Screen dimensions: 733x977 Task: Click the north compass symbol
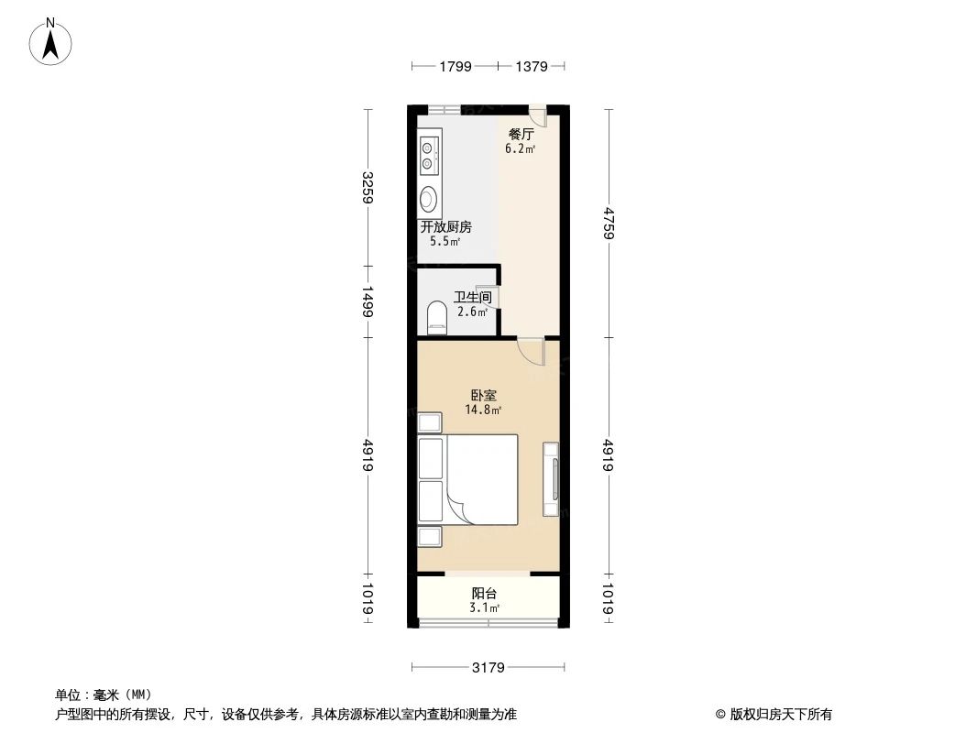pos(52,40)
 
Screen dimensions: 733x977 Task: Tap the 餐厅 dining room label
pos(521,134)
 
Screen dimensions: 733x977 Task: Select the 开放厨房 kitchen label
pos(445,227)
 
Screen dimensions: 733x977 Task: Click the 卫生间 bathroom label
pos(472,297)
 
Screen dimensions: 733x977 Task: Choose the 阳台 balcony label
pos(484,594)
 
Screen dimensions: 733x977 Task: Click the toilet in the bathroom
pos(436,319)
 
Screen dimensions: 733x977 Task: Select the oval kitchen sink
pos(428,199)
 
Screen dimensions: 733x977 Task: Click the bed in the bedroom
pos(480,480)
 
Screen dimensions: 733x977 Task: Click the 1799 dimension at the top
pos(455,66)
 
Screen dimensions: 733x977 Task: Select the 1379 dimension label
pos(532,66)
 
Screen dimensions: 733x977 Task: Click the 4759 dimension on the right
pos(609,222)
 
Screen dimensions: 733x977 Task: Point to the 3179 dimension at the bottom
pos(488,667)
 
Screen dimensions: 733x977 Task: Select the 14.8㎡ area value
pos(484,410)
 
